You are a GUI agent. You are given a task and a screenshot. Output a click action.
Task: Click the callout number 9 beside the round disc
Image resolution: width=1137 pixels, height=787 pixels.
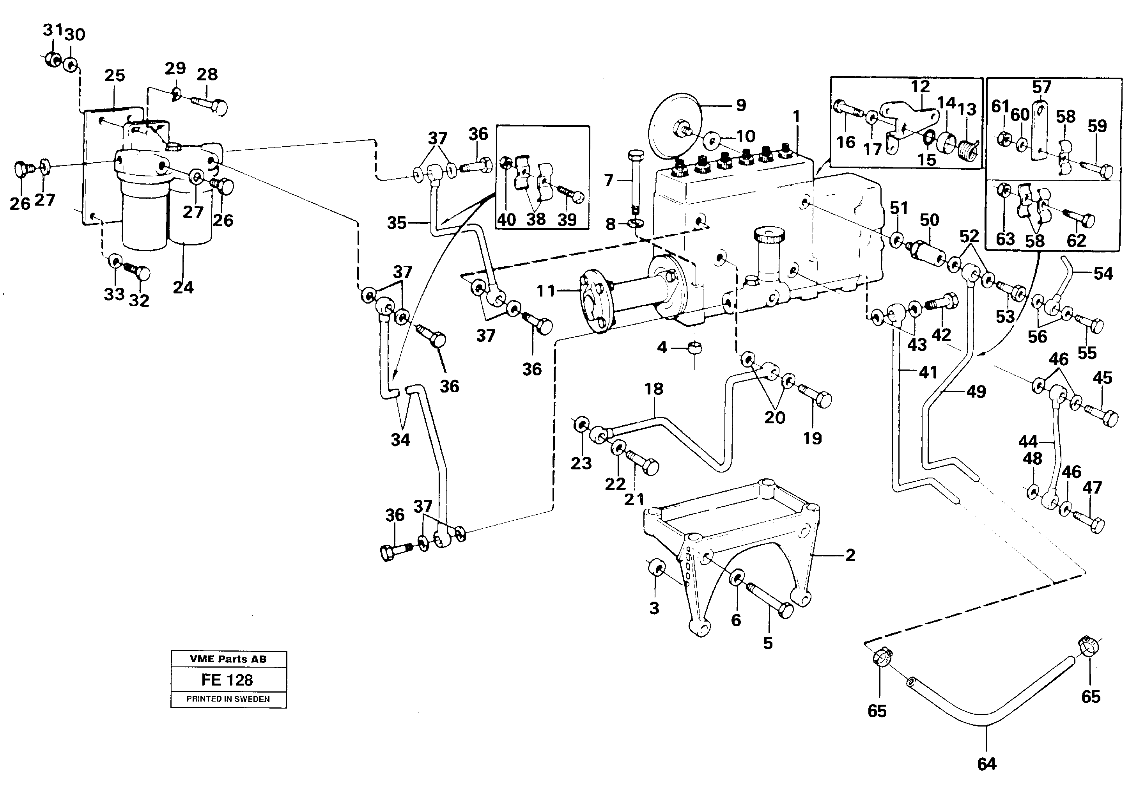tap(741, 105)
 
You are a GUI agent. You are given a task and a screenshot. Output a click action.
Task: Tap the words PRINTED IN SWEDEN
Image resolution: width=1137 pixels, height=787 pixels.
tap(228, 699)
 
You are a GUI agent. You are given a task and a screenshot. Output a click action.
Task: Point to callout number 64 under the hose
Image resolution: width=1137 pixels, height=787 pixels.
tap(987, 764)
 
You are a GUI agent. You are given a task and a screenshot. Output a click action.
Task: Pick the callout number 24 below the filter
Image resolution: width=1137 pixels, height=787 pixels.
tap(183, 288)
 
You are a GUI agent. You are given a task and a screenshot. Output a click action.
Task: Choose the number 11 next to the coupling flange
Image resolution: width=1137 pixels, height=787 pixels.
tap(546, 291)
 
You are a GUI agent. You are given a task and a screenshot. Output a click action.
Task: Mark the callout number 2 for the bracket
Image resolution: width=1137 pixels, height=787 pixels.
tap(850, 556)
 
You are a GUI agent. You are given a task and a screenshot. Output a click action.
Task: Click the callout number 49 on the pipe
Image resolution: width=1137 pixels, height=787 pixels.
tap(976, 392)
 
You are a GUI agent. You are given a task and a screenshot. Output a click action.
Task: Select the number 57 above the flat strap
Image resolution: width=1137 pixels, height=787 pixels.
tap(1041, 87)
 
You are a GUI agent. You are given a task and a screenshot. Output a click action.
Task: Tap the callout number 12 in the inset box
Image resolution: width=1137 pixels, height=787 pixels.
tap(920, 86)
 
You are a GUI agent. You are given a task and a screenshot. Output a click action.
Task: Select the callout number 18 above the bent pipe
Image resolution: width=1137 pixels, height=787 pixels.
tap(654, 389)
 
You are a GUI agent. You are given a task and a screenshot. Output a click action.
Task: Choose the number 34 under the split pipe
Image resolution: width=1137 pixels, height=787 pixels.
tap(400, 440)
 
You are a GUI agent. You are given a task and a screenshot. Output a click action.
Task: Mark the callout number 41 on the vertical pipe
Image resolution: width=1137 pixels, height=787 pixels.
tap(928, 372)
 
